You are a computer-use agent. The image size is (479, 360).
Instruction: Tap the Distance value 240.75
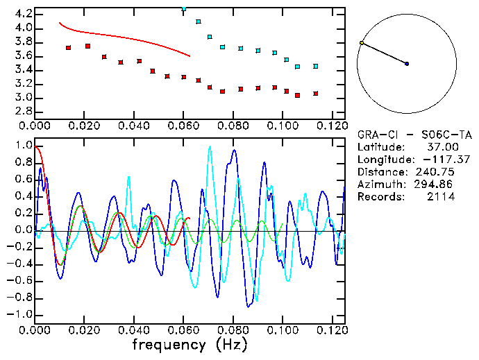pos(435,172)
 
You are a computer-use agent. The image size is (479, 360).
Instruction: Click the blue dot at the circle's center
pos(407,64)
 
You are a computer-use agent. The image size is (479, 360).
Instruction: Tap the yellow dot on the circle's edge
pos(362,43)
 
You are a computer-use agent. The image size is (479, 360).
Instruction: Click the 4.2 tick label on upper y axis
pos(24,14)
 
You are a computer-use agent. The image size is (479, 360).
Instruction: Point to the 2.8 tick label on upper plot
pos(24,112)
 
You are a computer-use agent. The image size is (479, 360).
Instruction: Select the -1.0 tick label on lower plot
pos(21,314)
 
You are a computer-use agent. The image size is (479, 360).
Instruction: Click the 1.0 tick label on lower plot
pos(24,146)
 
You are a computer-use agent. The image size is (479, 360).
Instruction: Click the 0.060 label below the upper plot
pos(183,126)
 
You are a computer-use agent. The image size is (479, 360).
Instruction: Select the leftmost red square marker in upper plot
pos(68,48)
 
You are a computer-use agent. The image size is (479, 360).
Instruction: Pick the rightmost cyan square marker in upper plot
pos(316,67)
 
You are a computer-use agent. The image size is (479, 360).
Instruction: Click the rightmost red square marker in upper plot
pos(316,94)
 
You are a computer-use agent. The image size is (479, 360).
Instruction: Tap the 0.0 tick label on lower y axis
pos(24,230)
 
